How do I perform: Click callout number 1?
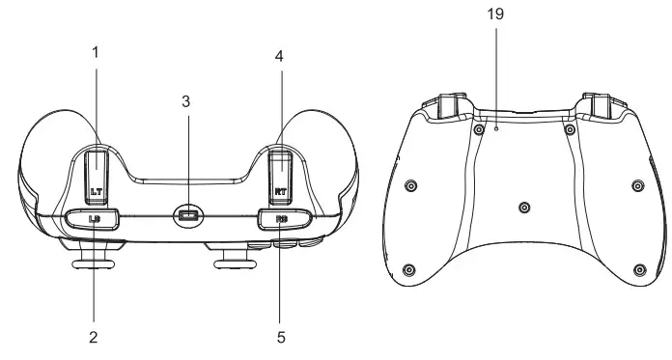[95, 51]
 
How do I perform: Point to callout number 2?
[95, 338]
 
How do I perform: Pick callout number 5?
[280, 338]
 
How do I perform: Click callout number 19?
[496, 14]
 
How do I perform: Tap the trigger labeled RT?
[281, 174]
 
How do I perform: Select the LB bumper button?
[92, 219]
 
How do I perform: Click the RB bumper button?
[282, 219]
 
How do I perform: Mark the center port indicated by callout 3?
[188, 216]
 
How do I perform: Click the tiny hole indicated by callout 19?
[496, 126]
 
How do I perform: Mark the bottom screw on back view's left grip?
[409, 268]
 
